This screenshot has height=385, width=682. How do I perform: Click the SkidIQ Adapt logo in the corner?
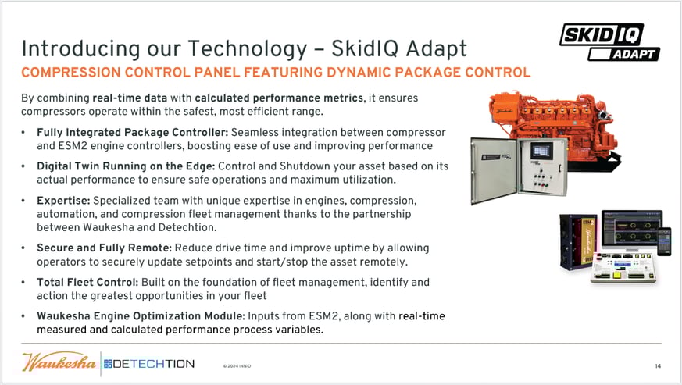click(609, 41)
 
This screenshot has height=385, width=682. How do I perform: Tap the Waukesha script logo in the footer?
click(59, 362)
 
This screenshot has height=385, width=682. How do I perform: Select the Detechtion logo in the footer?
click(149, 364)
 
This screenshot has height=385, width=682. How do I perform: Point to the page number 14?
click(658, 366)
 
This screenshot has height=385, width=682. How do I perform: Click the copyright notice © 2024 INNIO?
click(237, 365)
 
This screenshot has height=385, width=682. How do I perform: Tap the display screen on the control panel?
click(541, 151)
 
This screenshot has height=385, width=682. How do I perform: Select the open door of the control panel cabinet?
click(494, 170)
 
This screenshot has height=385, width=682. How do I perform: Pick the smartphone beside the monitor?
click(664, 241)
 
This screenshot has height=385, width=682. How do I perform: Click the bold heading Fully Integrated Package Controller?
click(133, 132)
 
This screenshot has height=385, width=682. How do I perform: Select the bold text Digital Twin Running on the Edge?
click(126, 166)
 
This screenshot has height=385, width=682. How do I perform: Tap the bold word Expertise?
click(63, 201)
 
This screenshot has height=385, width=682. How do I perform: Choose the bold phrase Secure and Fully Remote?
click(105, 248)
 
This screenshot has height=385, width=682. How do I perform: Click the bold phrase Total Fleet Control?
click(87, 283)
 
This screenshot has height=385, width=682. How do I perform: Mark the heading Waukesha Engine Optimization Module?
click(141, 316)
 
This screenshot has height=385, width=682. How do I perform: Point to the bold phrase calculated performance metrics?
click(279, 98)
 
